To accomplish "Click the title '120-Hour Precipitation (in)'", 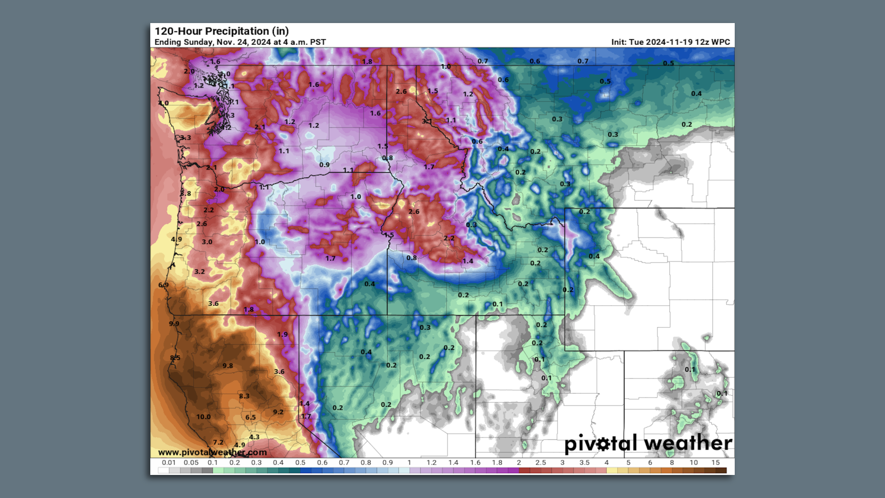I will coord(222,31).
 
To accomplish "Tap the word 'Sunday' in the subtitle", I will coord(199,42).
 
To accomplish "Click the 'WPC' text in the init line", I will coord(721,42).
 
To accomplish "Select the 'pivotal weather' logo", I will coord(648,443).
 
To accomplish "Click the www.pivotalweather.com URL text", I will coord(212,452).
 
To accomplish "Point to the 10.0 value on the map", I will coord(203,417).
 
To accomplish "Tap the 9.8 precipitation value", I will coord(228,366).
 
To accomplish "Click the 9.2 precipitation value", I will coord(278,412).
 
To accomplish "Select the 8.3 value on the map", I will coord(244,396).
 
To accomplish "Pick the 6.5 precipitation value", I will coord(250,417).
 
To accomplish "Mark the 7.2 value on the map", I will coord(218,442).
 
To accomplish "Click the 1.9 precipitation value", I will coord(282,334).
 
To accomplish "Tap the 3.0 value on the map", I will coord(207,242).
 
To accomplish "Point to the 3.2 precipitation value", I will coord(199,272).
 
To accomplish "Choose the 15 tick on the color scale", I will coord(715,462).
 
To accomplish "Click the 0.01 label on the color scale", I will coord(169,462).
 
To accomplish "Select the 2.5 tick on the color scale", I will coord(540,462).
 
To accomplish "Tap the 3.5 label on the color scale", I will coord(584,462).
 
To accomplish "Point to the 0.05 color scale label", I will coord(191,462).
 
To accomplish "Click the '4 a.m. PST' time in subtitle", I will coord(305,42).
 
